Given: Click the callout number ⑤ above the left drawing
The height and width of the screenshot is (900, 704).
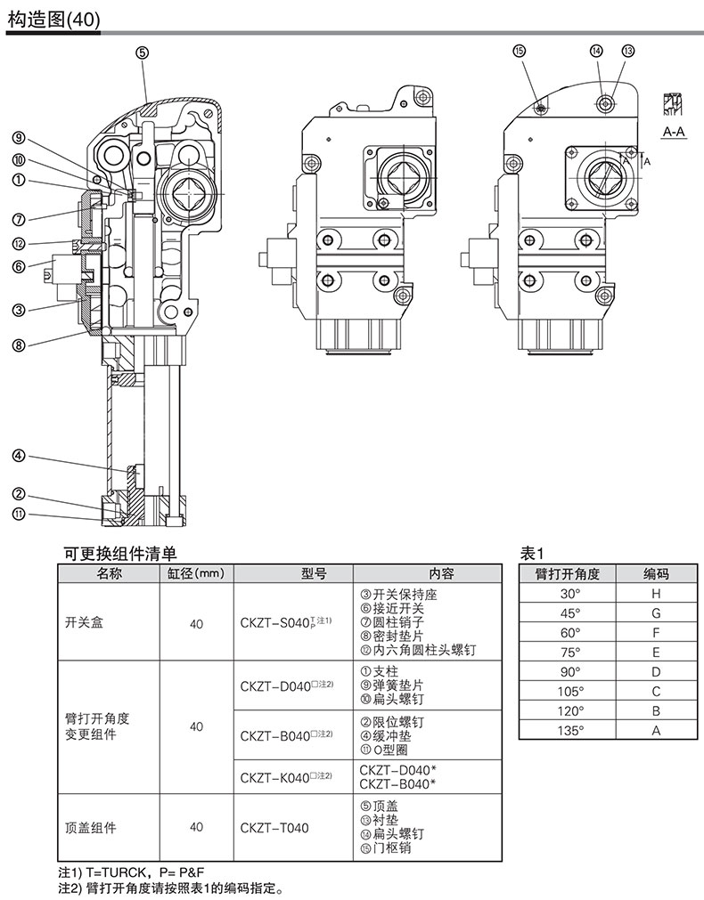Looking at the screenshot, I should [143, 53].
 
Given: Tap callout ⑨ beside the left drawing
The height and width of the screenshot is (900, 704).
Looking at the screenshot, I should [18, 137].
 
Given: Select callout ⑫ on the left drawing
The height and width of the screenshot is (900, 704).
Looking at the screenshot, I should [18, 244].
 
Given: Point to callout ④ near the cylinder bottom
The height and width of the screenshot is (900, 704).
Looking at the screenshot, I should [18, 457].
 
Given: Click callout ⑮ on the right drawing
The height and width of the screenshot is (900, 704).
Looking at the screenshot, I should [520, 52].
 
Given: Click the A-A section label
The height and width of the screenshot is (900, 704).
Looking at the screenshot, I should [674, 131].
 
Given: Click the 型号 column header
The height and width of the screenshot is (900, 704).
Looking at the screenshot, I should [291, 574].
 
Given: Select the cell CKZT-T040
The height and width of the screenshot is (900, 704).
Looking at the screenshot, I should [274, 828].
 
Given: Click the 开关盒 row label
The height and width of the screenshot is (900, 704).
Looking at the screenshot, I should [85, 624].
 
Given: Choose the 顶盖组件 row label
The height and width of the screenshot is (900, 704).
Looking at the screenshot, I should [91, 828].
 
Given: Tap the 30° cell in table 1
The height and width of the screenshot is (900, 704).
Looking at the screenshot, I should [569, 593].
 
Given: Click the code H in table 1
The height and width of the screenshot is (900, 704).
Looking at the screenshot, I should [656, 593].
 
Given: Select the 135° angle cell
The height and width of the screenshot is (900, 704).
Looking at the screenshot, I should [569, 731].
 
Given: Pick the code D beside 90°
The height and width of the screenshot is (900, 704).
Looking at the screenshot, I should [656, 671].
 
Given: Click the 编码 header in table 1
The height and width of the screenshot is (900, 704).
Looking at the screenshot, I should [656, 574].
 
